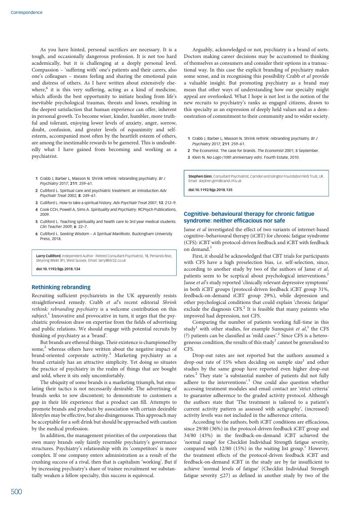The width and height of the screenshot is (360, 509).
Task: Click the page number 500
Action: [x=16, y=492]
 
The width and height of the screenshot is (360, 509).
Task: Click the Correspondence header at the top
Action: [x=27, y=13]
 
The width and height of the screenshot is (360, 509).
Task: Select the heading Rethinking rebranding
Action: [x=61, y=287]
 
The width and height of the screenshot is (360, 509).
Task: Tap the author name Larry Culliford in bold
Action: [x=49, y=256]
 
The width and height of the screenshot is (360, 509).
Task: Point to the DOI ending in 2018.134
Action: [x=58, y=269]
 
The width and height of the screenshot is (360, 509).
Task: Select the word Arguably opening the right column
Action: [x=204, y=49]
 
